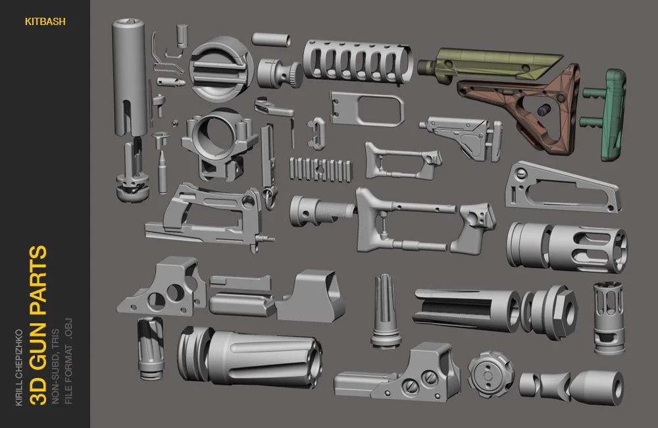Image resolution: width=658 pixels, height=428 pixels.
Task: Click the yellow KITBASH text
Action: point(45,22)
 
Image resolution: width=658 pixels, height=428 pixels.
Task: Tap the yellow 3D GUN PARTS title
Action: point(38,325)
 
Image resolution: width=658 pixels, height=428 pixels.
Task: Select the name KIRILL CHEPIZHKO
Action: point(19,368)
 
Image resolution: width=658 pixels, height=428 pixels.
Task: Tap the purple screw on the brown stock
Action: point(543,110)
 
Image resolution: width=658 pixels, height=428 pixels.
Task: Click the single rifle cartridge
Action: point(163,173)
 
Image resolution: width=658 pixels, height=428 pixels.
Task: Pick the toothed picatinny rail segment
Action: point(320,170)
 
